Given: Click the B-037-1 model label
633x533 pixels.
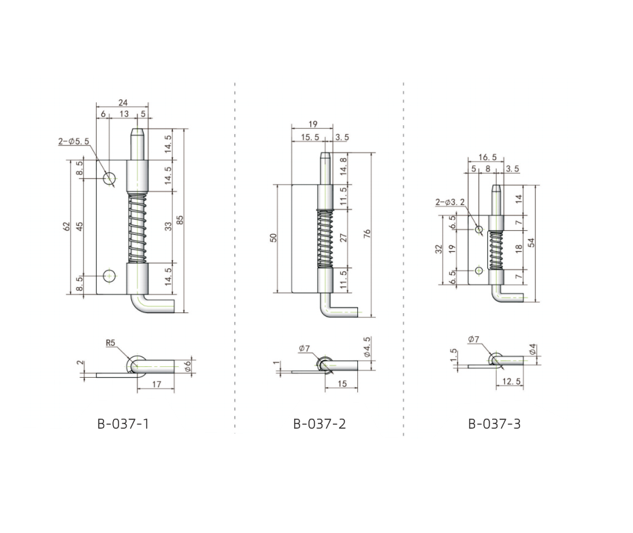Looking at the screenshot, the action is (x=123, y=424).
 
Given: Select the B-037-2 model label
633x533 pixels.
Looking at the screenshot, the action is (x=319, y=424).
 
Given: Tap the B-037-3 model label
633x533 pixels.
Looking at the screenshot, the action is (x=494, y=424).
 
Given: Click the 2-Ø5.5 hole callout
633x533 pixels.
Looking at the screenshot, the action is (x=74, y=142).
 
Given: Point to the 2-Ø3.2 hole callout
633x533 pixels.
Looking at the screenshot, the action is (x=450, y=202).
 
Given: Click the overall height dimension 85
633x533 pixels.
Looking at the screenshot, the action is (x=180, y=220).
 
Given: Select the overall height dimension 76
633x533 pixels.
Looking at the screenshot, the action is (x=367, y=233).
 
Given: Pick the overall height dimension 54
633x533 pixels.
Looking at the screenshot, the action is (x=532, y=243).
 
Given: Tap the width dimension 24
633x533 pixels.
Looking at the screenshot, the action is (x=123, y=103).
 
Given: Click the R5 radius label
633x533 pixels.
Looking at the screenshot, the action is (x=110, y=343).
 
